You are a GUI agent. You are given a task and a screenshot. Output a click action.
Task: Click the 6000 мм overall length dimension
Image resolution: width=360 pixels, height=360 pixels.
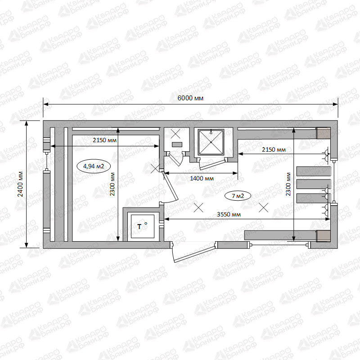click(190, 98)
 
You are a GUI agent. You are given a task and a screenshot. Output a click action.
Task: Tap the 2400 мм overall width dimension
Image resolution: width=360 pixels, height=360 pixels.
click(20, 184)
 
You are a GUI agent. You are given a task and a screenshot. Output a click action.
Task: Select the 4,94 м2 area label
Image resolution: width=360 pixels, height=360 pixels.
click(94, 166)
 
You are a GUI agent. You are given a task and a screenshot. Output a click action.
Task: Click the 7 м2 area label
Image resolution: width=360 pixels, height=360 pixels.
click(238, 196)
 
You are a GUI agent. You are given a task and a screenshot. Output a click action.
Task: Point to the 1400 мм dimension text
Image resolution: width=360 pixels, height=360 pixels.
click(202, 178)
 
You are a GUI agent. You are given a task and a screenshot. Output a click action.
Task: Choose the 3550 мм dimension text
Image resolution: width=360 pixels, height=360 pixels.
click(229, 215)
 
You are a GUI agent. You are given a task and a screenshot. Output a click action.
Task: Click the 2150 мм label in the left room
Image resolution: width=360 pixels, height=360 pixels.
click(104, 140)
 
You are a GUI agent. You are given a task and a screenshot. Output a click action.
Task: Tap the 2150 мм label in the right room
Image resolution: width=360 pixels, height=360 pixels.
click(274, 150)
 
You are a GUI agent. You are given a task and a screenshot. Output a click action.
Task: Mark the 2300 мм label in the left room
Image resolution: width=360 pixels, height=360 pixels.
click(112, 184)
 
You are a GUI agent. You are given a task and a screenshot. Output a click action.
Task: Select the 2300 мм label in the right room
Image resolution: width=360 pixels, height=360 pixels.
click(288, 184)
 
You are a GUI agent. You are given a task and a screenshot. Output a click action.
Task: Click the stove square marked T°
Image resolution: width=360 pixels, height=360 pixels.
click(143, 226)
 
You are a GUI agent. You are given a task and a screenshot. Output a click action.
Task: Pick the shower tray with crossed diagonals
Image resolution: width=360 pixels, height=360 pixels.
click(211, 142)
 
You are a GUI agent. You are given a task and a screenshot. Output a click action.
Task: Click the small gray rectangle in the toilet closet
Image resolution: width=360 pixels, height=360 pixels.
click(177, 144)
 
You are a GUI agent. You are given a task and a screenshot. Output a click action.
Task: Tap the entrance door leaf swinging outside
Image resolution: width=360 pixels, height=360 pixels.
click(195, 255)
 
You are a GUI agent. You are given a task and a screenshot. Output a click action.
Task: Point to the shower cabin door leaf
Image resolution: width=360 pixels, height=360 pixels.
click(211, 165)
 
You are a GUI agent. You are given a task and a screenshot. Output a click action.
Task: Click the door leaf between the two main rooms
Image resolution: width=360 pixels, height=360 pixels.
click(171, 185)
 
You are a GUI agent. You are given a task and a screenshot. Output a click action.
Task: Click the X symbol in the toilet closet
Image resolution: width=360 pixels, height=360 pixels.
click(175, 134)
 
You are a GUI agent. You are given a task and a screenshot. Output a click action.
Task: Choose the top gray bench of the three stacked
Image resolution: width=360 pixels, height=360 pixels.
click(314, 171)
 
